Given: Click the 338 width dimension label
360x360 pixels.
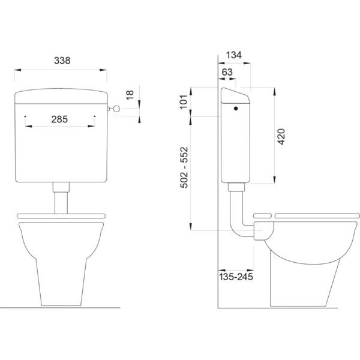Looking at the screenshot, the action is coord(62,61).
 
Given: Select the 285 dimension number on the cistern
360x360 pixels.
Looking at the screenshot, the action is coord(59,119).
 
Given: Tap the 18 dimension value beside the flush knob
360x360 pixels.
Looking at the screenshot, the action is coord(130,95).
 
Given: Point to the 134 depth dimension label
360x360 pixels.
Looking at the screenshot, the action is coord(234,55).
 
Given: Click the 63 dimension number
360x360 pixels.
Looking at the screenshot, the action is coord(227,72).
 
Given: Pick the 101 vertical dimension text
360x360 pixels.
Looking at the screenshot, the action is coord(184,102).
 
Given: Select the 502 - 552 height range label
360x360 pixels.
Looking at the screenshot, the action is coord(184,167).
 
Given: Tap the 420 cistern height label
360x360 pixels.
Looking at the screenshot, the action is coord(281,137).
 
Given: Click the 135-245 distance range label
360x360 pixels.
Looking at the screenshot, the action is coord(236,277).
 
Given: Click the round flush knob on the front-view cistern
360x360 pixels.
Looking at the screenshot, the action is coord(116,109).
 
